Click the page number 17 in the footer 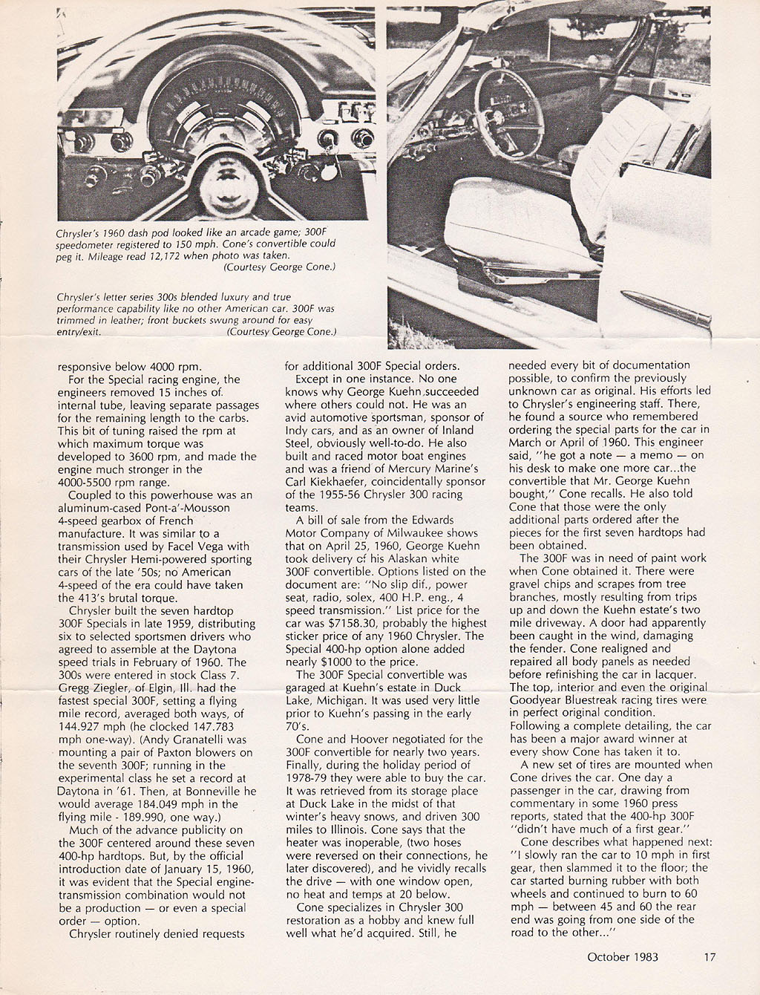click(x=710, y=957)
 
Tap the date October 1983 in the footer click(x=622, y=957)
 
